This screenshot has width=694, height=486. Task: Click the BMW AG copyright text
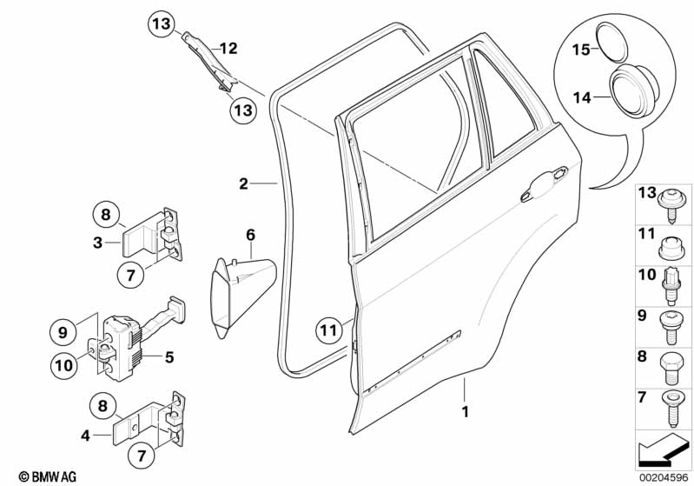[48, 476]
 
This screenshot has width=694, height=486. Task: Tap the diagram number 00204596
[664, 478]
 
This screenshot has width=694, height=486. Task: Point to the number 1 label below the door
[465, 412]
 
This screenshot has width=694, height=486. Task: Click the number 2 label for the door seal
[243, 183]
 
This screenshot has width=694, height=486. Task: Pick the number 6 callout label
[250, 235]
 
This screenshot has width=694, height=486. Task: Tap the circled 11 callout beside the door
[329, 330]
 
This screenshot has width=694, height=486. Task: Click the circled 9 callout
[63, 332]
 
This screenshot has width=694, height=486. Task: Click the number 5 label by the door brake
[169, 357]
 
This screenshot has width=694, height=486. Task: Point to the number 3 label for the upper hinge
[97, 243]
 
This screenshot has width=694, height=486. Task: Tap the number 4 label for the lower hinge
[85, 436]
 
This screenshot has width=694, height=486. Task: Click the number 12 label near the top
[228, 48]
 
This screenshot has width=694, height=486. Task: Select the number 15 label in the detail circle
[582, 50]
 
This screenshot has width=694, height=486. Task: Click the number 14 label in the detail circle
[582, 97]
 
